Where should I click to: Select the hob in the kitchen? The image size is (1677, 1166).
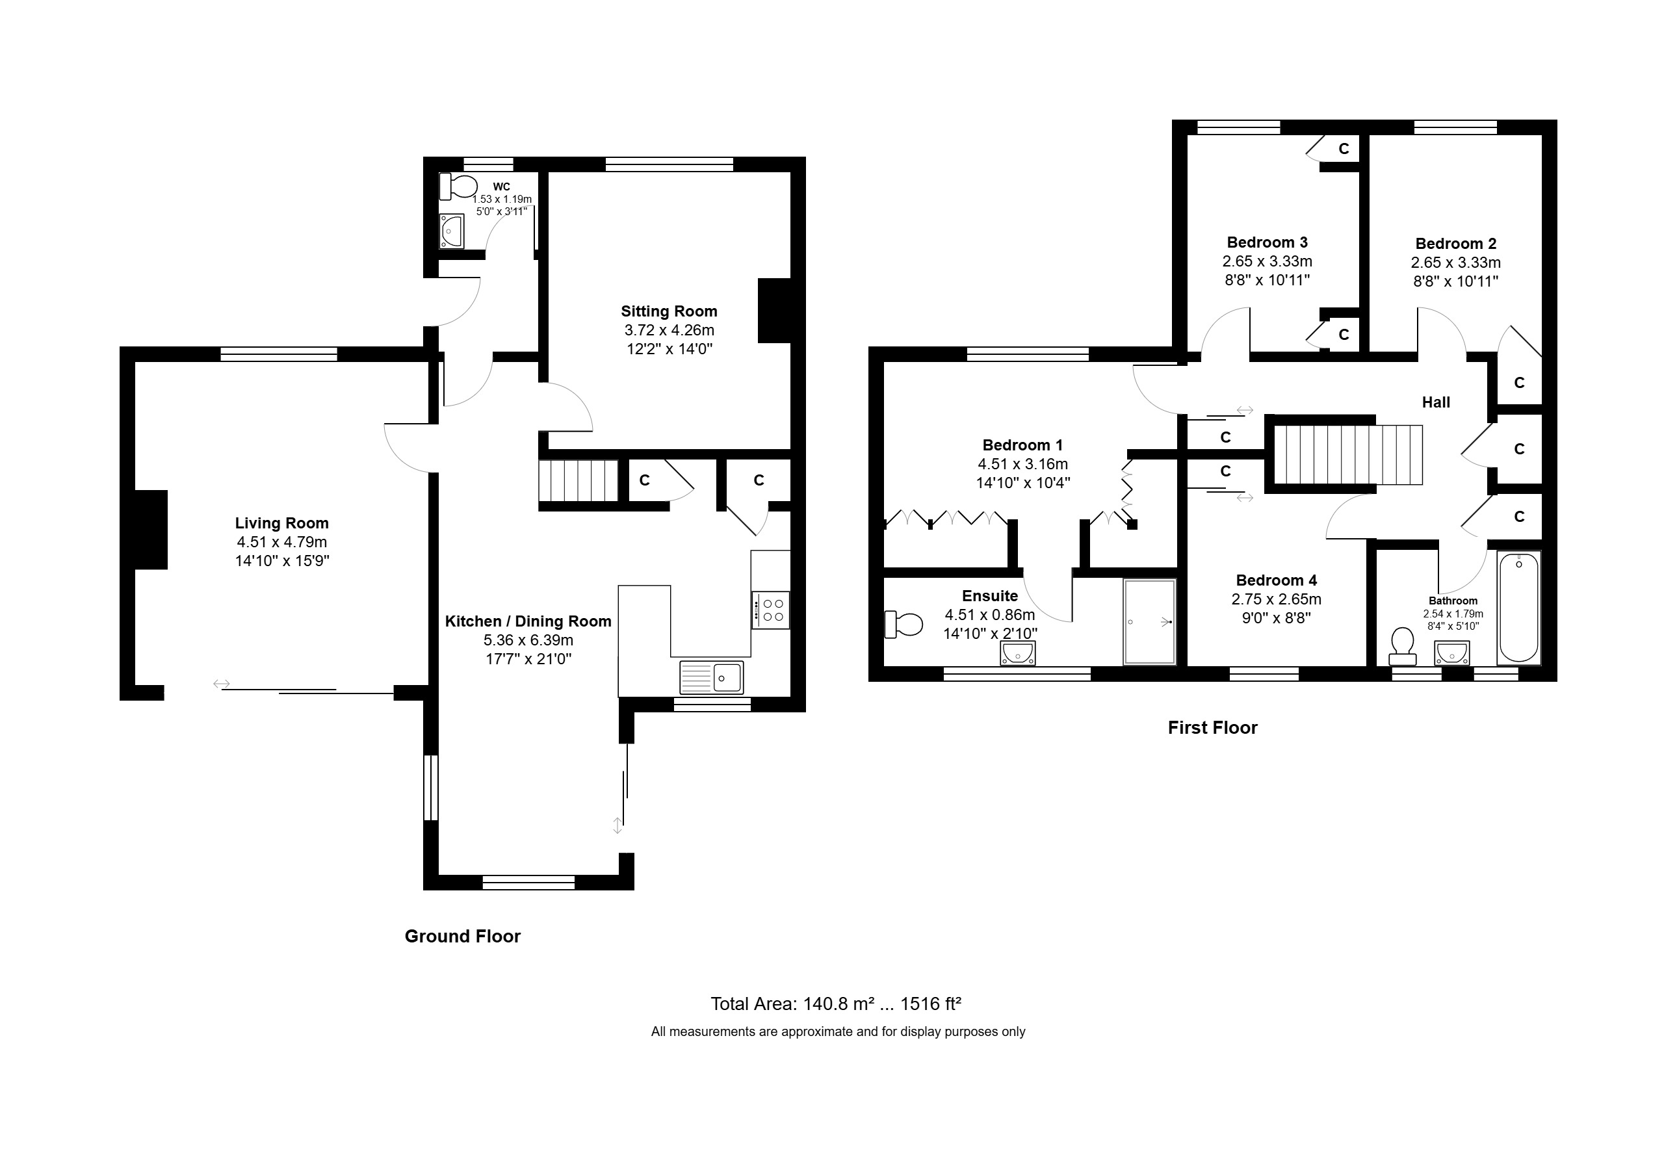[770, 610]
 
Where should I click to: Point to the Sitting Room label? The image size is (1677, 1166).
[669, 311]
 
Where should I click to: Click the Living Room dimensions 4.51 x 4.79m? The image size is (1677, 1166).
[282, 542]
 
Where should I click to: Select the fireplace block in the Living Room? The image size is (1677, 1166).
[151, 529]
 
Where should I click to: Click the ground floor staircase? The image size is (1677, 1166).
[579, 480]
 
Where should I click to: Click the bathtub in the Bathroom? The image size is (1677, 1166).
[1518, 608]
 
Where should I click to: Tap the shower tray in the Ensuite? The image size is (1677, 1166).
[1150, 622]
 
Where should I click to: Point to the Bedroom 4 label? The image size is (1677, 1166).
[1276, 580]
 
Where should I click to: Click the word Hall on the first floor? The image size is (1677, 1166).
[1436, 402]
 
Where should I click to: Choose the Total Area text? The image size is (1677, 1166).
[836, 1004]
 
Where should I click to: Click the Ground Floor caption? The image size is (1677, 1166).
[462, 936]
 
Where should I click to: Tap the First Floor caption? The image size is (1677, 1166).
[1212, 727]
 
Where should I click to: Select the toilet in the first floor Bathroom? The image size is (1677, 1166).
[1402, 646]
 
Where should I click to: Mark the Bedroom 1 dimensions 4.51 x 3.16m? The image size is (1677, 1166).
[1022, 463]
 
